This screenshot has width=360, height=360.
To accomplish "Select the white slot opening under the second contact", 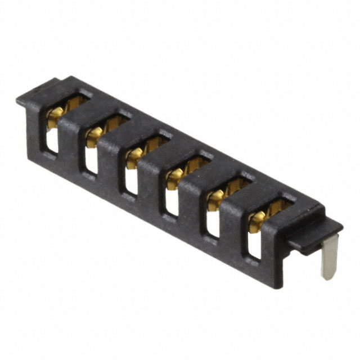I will click(91, 160).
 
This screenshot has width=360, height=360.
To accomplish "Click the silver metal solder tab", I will click(328, 256).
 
